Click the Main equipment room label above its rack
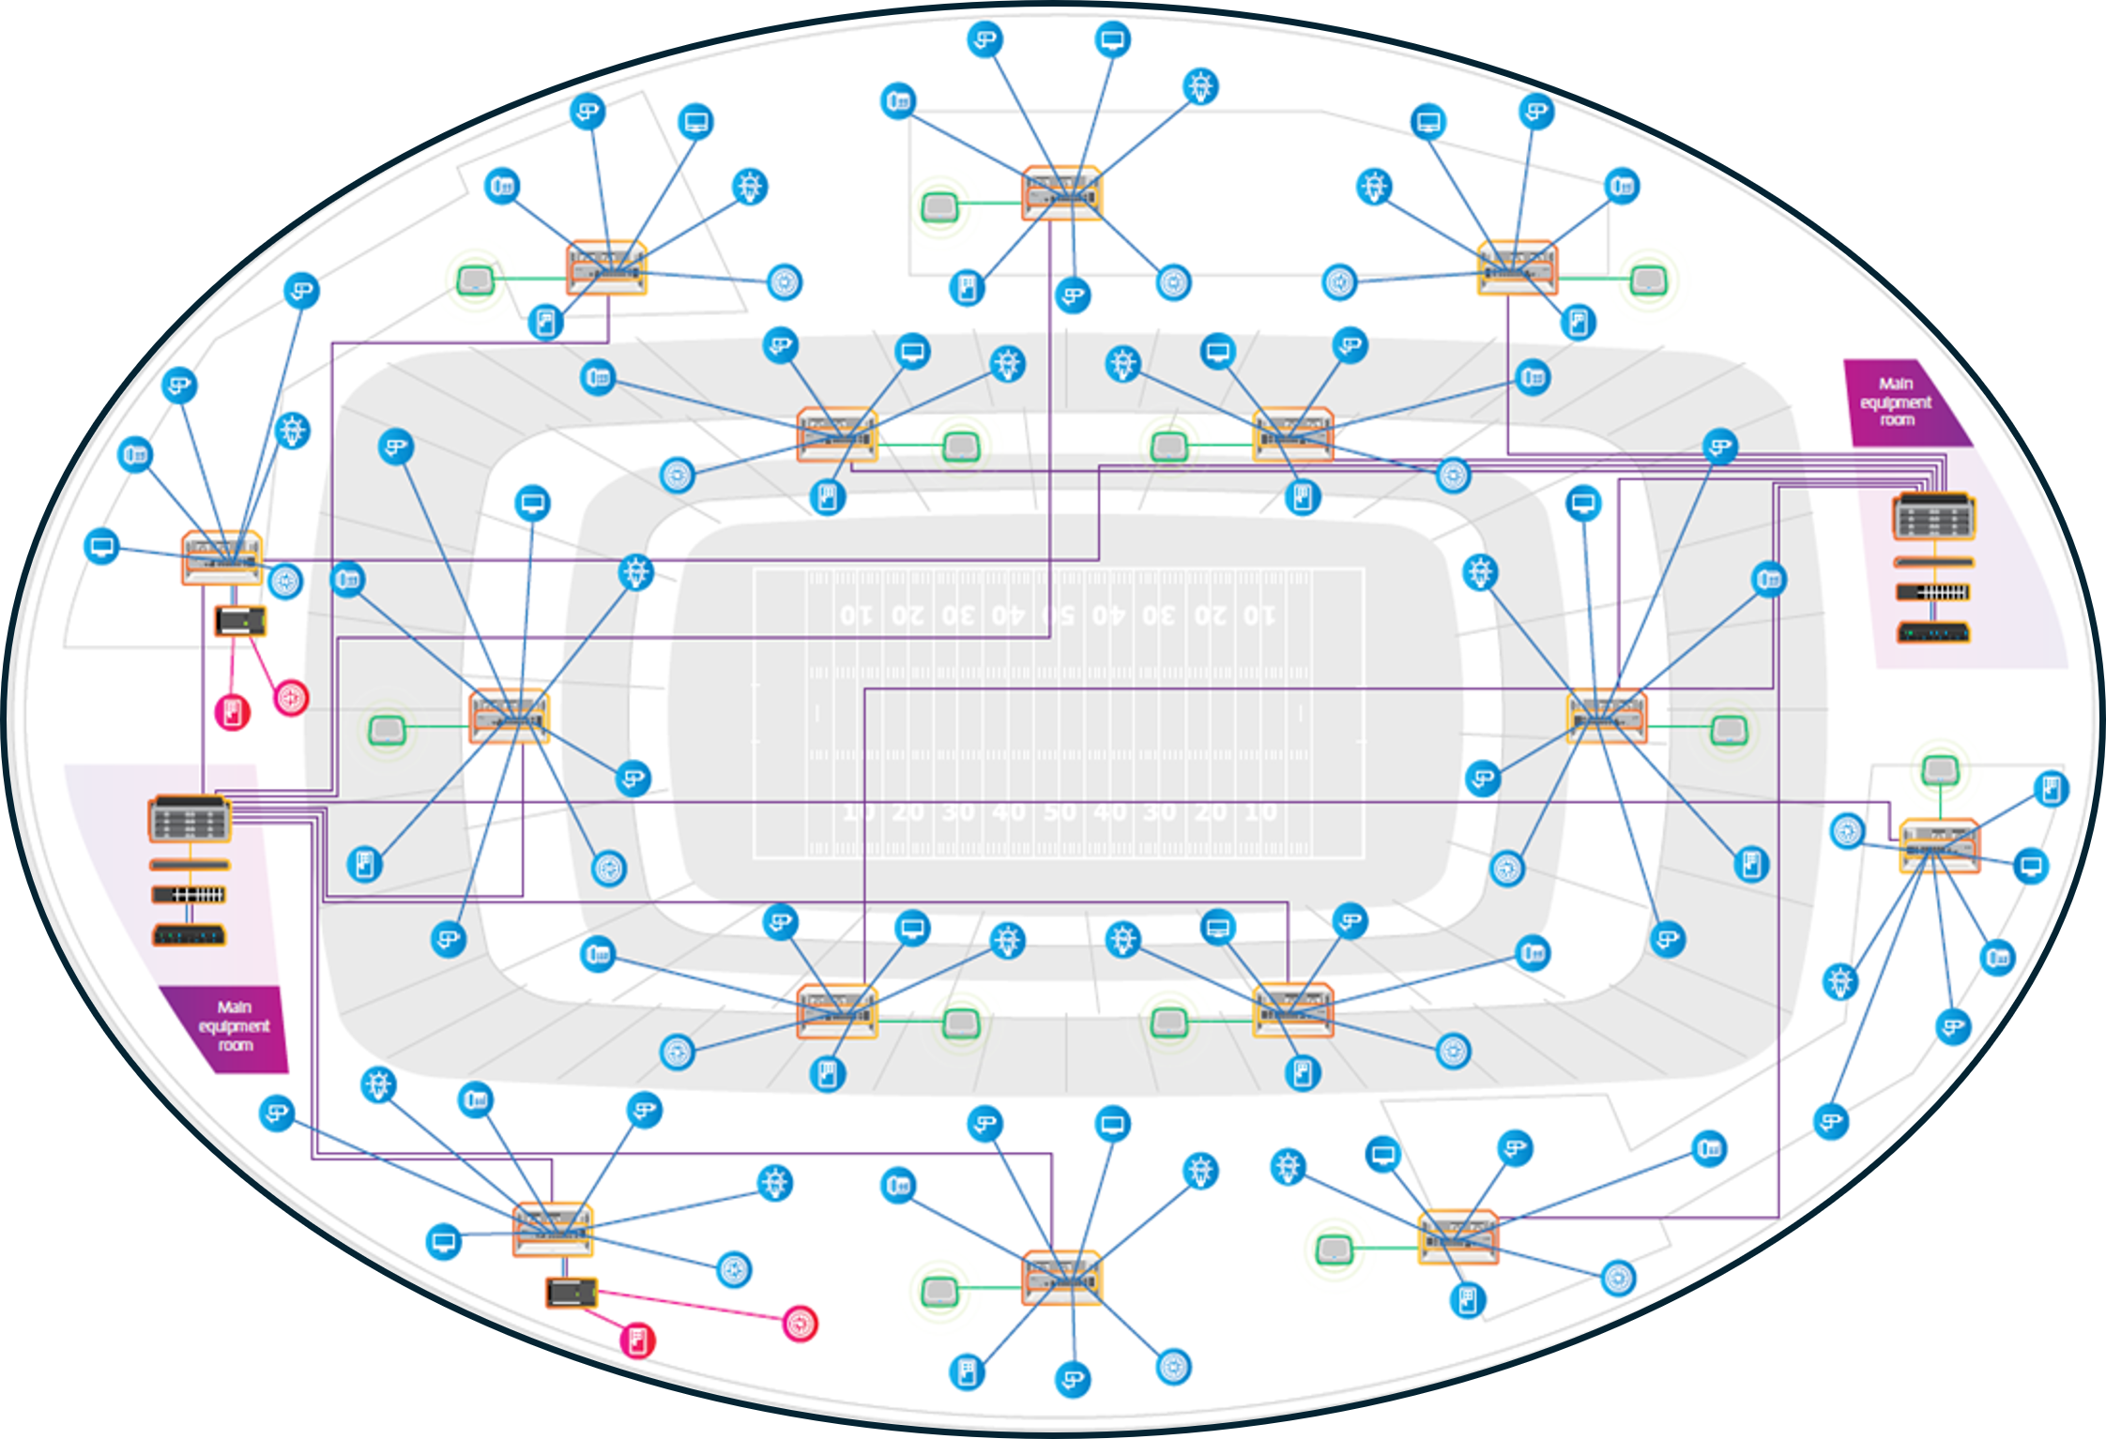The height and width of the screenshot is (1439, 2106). [x=1896, y=401]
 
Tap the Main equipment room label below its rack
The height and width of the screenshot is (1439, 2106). [x=234, y=1025]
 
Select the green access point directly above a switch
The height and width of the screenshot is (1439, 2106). [x=1939, y=771]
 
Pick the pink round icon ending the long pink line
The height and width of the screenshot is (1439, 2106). [x=800, y=1324]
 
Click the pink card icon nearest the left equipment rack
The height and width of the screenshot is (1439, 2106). [x=233, y=712]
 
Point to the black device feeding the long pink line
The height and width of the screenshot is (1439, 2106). [x=572, y=1293]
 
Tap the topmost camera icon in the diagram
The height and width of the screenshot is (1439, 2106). [x=984, y=39]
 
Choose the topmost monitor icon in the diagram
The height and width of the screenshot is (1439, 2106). [x=1112, y=39]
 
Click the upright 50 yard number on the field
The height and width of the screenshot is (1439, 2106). [x=1060, y=811]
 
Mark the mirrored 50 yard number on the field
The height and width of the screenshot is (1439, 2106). [x=1060, y=615]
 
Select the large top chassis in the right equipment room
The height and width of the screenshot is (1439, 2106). [x=1933, y=516]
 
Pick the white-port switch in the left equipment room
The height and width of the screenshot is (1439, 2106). [x=189, y=894]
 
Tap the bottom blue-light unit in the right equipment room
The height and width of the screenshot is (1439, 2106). [x=1933, y=633]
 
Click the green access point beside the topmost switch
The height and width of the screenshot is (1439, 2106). [x=939, y=206]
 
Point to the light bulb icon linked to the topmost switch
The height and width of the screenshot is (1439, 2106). [x=1200, y=86]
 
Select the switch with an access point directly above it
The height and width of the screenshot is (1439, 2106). [x=1939, y=846]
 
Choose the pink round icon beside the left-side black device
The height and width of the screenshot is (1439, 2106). [x=291, y=697]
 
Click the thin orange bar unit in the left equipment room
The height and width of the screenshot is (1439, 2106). [x=189, y=864]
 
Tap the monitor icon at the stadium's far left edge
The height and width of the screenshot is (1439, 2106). [x=101, y=546]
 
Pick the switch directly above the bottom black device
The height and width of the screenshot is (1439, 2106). [x=553, y=1229]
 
